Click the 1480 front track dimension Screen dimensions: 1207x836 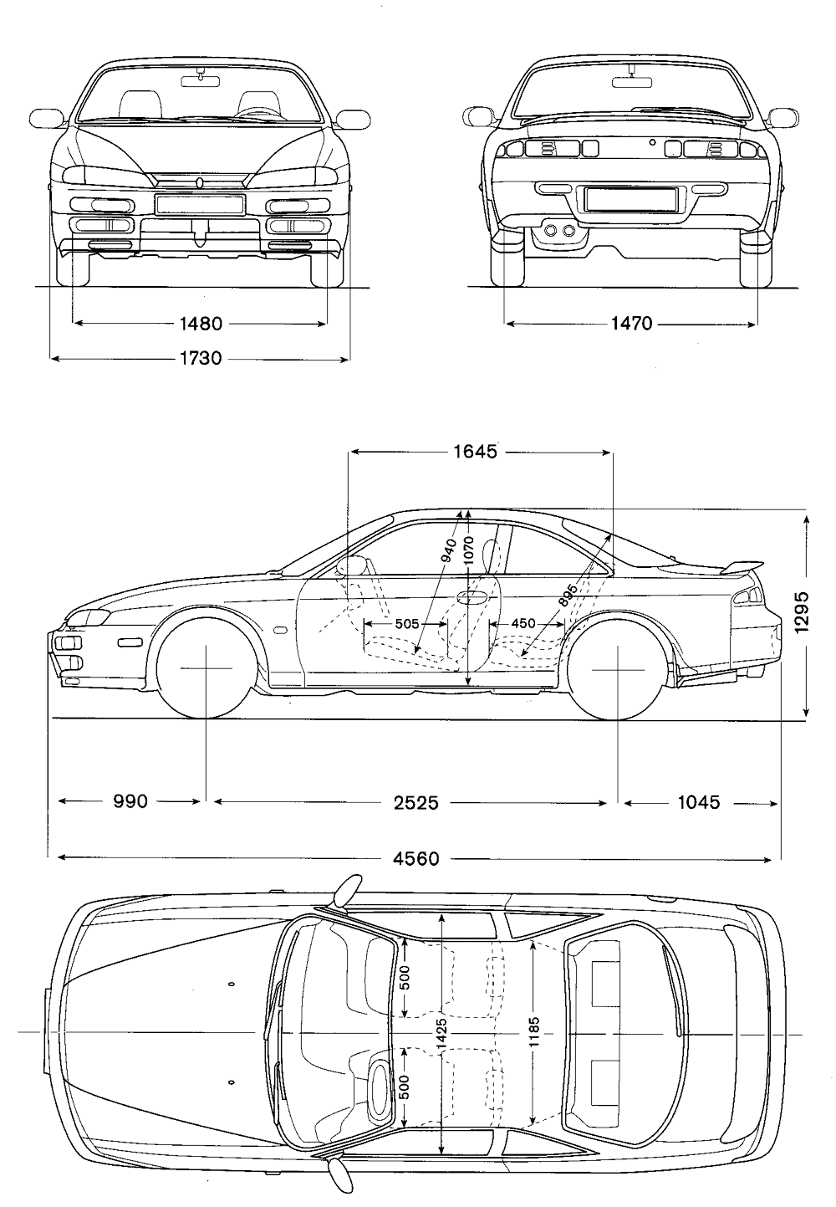pos(200,323)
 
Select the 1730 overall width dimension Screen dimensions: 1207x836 pos(201,359)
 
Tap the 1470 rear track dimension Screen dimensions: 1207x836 pos(631,323)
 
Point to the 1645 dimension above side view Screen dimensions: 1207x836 pos(475,452)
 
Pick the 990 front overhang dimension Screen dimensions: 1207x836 pos(130,802)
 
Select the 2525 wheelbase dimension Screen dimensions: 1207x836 pos(415,802)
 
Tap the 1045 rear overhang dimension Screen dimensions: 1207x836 pos(698,802)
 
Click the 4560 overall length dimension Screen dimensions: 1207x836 pos(415,858)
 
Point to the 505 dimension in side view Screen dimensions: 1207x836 pos(407,623)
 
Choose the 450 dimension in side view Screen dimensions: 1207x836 pos(523,623)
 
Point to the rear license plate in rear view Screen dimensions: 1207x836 pos(630,199)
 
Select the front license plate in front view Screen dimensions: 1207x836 pos(200,204)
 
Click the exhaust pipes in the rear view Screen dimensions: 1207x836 pos(558,230)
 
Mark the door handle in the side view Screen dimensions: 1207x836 pos(472,596)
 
